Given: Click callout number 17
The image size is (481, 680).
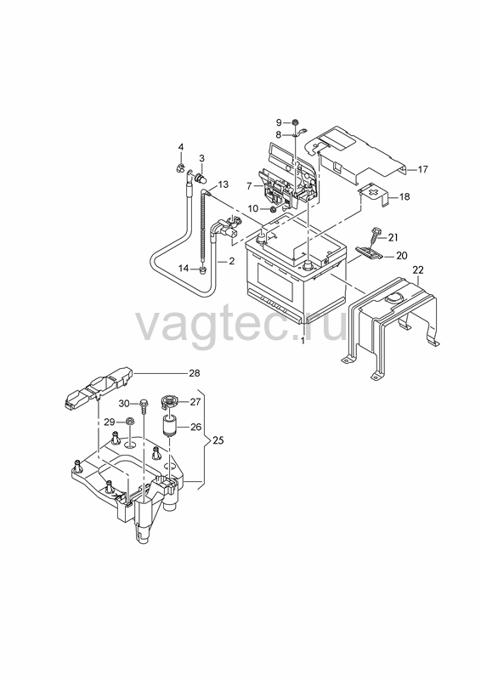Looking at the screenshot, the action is pyautogui.click(x=423, y=169).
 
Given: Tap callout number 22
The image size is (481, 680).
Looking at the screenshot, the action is pyautogui.click(x=417, y=269).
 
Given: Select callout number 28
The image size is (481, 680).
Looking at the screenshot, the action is pyautogui.click(x=195, y=373).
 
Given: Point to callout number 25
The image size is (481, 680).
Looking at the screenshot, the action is pyautogui.click(x=218, y=440).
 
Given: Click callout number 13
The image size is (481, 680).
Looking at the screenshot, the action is pyautogui.click(x=223, y=184).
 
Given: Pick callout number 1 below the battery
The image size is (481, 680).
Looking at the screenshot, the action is pyautogui.click(x=303, y=341).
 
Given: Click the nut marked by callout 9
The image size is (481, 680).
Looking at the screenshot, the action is pyautogui.click(x=295, y=122).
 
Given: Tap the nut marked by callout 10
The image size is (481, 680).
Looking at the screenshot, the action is pyautogui.click(x=274, y=210).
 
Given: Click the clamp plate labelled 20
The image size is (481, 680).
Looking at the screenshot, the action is pyautogui.click(x=369, y=252).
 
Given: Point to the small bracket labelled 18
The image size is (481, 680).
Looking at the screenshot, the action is pyautogui.click(x=374, y=195).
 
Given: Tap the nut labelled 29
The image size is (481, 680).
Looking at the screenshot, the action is pyautogui.click(x=129, y=421).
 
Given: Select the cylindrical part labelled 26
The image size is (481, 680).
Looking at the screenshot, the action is pyautogui.click(x=170, y=426).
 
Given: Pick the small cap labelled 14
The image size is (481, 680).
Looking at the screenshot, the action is pyautogui.click(x=201, y=270).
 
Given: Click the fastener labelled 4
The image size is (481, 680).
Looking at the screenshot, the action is pyautogui.click(x=180, y=167).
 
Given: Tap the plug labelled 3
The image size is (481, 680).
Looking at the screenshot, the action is pyautogui.click(x=201, y=178).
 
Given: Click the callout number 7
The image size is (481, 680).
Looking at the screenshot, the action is pyautogui.click(x=249, y=186).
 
